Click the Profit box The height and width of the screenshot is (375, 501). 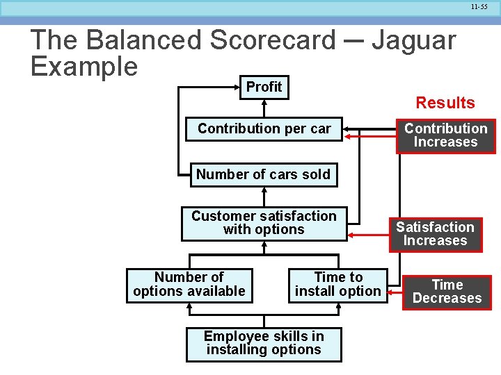(x=264, y=87)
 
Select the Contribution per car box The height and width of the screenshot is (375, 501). (x=264, y=129)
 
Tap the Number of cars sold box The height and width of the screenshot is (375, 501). (x=263, y=174)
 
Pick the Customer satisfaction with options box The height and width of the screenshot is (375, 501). (x=264, y=223)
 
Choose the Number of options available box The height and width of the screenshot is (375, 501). (x=189, y=285)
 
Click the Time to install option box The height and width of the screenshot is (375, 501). (x=338, y=285)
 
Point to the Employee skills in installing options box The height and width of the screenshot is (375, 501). (x=264, y=344)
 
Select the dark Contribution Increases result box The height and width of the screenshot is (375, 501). (x=446, y=135)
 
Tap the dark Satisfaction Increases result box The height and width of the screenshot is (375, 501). (x=435, y=234)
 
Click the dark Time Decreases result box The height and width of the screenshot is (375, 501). (x=447, y=292)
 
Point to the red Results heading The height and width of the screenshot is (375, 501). (x=445, y=103)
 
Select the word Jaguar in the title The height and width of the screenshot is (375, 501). (x=413, y=40)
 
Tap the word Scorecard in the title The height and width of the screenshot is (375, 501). (x=273, y=40)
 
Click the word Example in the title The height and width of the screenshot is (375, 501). (x=84, y=67)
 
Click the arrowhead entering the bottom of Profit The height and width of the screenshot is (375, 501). (x=264, y=103)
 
